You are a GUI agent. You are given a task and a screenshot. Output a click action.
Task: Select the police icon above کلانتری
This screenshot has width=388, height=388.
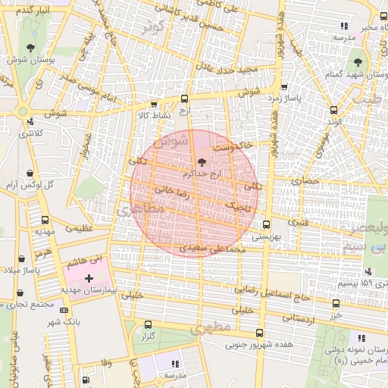pyautogui.click(x=30, y=121)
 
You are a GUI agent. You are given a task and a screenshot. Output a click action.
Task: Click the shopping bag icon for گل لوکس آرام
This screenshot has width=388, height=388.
pyautogui.click(x=30, y=174)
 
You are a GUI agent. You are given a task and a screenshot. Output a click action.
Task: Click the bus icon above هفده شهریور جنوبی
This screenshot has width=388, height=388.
pyautogui.click(x=260, y=333)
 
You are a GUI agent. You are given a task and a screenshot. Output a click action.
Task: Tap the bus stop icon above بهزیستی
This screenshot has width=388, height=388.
pyautogui.click(x=266, y=224)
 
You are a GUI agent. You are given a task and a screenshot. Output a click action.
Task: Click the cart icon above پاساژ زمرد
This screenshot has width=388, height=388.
pyautogui.click(x=283, y=87)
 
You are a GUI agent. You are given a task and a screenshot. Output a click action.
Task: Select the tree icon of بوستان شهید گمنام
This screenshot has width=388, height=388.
pyautogui.click(x=358, y=62)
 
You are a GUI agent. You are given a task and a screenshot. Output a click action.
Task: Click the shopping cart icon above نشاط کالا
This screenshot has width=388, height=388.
pyautogui.click(x=155, y=105)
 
